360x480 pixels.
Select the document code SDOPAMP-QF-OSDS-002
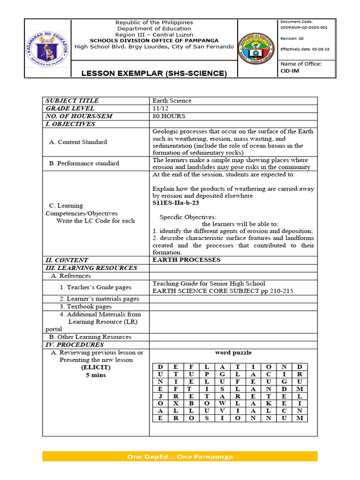coord(303,28)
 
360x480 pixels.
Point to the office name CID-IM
coord(289,71)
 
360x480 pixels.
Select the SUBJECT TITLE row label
coord(72,101)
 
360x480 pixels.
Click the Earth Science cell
coord(172,101)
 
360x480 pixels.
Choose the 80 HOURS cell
coord(169,116)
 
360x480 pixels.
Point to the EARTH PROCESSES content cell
coord(186,260)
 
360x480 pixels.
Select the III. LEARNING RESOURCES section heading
coord(91,268)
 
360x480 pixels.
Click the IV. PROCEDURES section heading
coord(74,345)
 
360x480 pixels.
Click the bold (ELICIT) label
coord(96,367)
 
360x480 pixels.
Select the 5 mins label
coord(96,375)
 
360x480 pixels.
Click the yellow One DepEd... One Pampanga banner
coord(180,457)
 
